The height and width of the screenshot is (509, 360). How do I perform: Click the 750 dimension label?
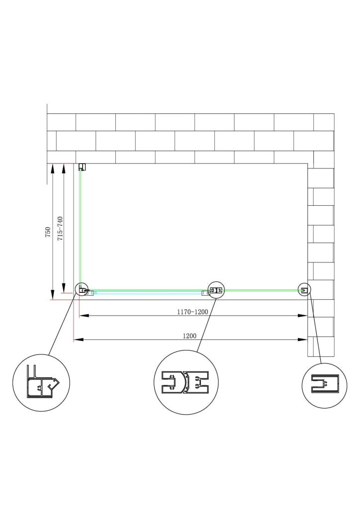pos(48,233)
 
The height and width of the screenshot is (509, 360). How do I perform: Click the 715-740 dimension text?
pos(60,229)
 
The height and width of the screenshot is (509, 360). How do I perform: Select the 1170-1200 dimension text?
pos(192,312)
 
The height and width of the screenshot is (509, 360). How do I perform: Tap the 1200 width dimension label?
pos(189,336)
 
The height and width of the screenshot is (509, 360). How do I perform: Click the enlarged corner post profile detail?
pos(42,382)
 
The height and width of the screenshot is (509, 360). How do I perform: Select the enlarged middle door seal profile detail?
pos(185,382)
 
